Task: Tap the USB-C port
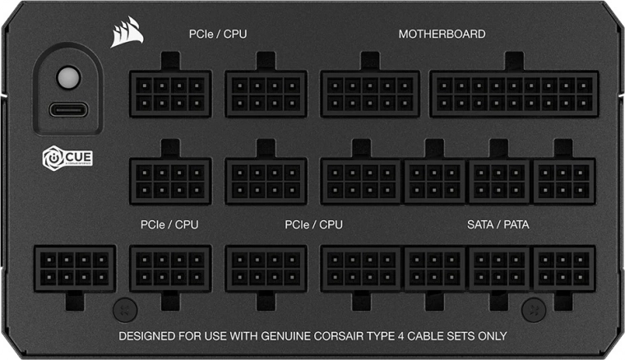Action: point(65,109)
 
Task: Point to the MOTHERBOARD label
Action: point(442,35)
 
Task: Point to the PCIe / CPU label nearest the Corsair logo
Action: point(217,35)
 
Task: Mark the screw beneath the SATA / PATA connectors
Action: point(532,308)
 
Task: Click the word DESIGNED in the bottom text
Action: point(147,336)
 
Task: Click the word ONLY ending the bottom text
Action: point(491,336)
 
